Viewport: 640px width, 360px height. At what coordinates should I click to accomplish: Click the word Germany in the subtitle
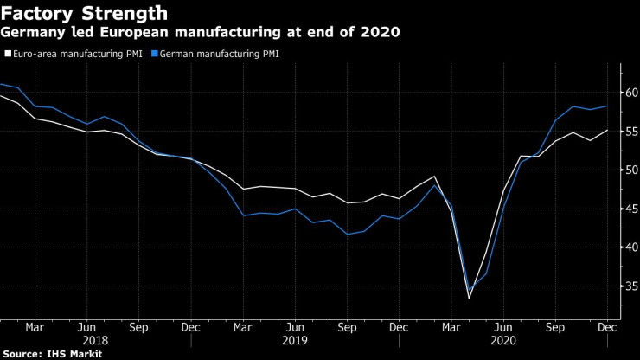point(32,34)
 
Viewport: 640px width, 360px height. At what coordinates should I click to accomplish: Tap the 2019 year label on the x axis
point(296,341)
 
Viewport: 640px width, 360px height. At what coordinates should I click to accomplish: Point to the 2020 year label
point(504,341)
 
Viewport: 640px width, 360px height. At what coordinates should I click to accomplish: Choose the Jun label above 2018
point(86,328)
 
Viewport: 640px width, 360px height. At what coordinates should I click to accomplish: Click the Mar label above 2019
point(243,328)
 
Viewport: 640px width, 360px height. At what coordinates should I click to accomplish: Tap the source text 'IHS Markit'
point(75,354)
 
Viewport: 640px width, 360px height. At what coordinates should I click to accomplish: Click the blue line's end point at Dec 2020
point(607,106)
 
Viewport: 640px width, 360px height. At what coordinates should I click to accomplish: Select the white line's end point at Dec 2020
point(607,130)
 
